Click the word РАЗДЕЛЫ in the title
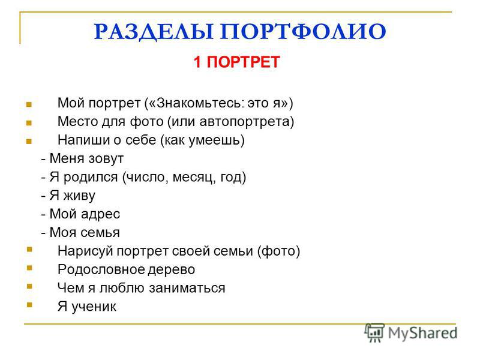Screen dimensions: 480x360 pyautogui.click(x=154, y=32)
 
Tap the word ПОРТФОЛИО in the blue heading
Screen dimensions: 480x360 pyautogui.click(x=303, y=31)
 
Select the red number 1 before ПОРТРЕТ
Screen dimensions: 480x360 pyautogui.click(x=197, y=62)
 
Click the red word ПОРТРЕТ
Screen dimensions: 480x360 pyautogui.click(x=244, y=62)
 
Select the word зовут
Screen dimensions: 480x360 pyautogui.click(x=106, y=158)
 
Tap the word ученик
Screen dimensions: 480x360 pyautogui.click(x=94, y=307)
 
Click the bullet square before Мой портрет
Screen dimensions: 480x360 pyautogui.click(x=29, y=104)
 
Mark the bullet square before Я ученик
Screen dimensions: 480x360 pyautogui.click(x=29, y=305)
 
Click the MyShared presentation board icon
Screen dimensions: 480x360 pyautogui.click(x=374, y=332)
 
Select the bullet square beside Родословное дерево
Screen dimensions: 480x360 pyautogui.click(x=29, y=268)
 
